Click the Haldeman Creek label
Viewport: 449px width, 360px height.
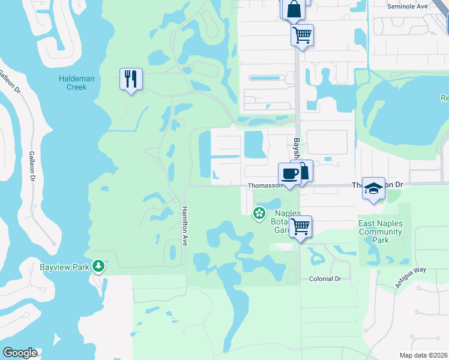(x=73, y=83)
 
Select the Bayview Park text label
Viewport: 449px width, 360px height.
(x=64, y=266)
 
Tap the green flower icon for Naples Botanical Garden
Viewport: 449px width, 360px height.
(x=259, y=213)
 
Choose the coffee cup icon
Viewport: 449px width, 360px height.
(x=289, y=173)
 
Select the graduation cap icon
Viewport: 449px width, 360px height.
(x=373, y=188)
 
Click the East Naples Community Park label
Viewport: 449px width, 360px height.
(x=380, y=232)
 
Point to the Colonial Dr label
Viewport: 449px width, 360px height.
(x=325, y=279)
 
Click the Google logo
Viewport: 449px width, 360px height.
(x=20, y=353)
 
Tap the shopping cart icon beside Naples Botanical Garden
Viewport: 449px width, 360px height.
(x=301, y=227)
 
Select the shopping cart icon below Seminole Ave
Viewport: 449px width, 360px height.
(x=303, y=34)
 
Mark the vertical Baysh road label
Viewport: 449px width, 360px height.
(x=297, y=149)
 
